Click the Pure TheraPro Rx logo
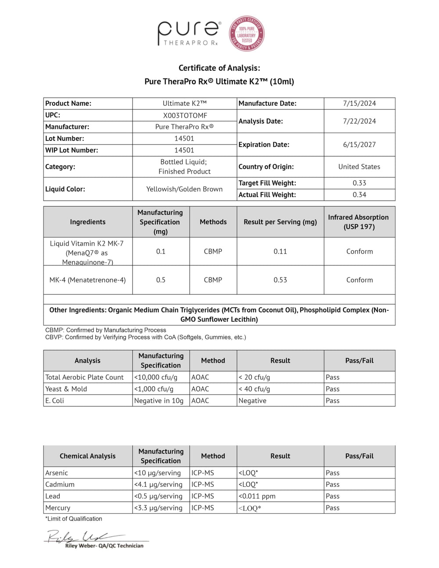(189, 33)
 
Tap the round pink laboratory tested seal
(247, 34)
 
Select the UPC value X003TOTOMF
(184, 115)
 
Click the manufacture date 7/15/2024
(359, 104)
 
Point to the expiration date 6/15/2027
(359, 144)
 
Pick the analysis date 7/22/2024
(359, 121)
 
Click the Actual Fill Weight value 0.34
(359, 195)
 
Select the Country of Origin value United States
(359, 167)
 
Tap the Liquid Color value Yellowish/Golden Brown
(184, 189)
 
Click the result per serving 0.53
(280, 280)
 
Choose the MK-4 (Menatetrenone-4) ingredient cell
(88, 280)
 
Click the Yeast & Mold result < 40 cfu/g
(254, 389)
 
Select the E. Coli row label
(54, 401)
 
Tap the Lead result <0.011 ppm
(257, 496)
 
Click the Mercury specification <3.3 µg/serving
(158, 508)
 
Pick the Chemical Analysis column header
(88, 456)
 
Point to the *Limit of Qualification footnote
(74, 519)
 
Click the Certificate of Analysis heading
(219, 68)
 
